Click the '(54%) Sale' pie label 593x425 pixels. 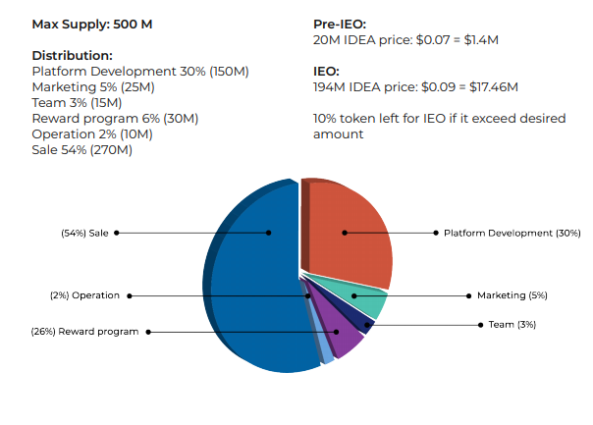(x=84, y=233)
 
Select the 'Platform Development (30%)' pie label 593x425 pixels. (x=512, y=233)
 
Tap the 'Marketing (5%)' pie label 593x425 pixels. (x=512, y=295)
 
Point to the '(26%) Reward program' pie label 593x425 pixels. (x=84, y=332)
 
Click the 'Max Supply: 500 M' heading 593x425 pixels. (x=92, y=23)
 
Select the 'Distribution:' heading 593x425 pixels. (x=73, y=56)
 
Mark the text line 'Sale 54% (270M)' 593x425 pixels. (x=82, y=150)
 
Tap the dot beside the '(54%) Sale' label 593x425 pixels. (x=116, y=233)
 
